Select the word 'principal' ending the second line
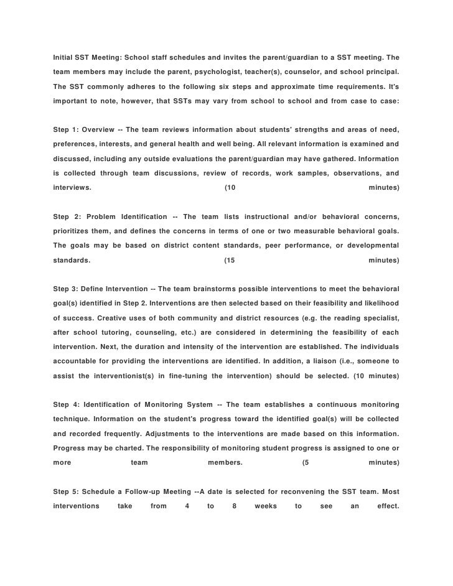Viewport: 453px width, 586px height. pos(381,72)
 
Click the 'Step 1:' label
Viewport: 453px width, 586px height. pos(67,129)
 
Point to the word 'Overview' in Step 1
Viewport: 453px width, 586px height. pos(100,129)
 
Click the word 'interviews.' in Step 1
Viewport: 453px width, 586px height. pos(72,187)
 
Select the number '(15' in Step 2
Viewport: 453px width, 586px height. pos(229,260)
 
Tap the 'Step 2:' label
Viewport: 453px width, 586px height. pos(67,216)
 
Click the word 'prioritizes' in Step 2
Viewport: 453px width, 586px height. pos(73,231)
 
